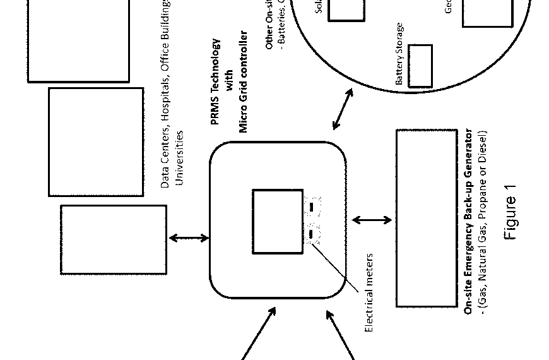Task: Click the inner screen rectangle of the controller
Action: pyautogui.click(x=278, y=222)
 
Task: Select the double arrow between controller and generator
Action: pyautogui.click(x=372, y=220)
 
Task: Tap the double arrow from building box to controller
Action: pyautogui.click(x=189, y=238)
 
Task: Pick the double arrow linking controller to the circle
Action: pyautogui.click(x=343, y=110)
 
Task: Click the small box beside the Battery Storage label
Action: pyautogui.click(x=420, y=66)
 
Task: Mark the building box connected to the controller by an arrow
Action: pyautogui.click(x=114, y=239)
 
